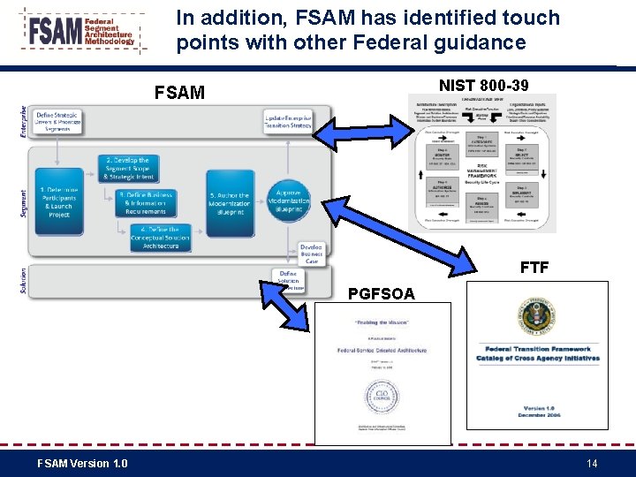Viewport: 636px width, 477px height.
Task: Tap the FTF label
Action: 534,268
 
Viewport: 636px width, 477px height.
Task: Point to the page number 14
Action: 592,463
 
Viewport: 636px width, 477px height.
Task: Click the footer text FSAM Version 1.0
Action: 82,463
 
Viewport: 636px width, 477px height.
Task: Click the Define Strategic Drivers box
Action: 58,122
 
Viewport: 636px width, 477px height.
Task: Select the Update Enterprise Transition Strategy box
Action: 287,122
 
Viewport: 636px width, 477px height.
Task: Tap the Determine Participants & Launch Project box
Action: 59,202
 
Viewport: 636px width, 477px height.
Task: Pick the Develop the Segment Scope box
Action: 126,168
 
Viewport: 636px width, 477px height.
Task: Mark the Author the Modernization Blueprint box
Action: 230,202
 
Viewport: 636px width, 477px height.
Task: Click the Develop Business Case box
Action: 310,254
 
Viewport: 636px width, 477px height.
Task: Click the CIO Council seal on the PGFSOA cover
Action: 382,395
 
